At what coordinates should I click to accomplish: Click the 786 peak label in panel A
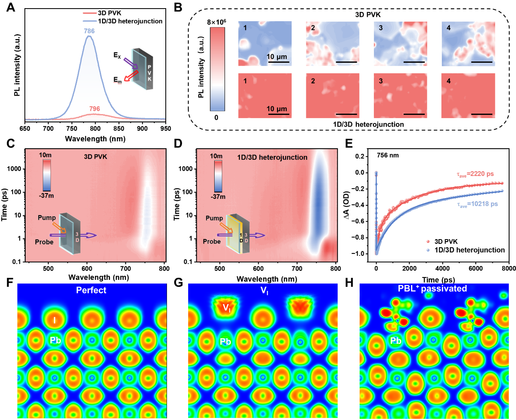(x=89, y=31)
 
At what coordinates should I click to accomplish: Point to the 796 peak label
(x=94, y=109)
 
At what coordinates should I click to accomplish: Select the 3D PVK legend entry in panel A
(x=109, y=13)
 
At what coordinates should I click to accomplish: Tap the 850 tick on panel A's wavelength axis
(x=119, y=129)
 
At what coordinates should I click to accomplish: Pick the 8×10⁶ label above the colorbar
(x=216, y=22)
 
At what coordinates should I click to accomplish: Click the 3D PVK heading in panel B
(x=368, y=15)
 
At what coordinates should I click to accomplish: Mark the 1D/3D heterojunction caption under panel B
(x=368, y=124)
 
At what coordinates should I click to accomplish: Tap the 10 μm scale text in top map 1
(x=277, y=57)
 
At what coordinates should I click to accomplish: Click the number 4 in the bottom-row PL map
(x=448, y=81)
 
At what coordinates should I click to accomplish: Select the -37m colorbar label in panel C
(x=46, y=196)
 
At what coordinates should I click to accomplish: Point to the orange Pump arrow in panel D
(x=226, y=227)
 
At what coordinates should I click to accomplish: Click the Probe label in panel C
(x=44, y=242)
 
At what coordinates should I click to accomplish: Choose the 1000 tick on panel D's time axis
(x=186, y=169)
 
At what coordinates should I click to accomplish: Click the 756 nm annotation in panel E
(x=388, y=155)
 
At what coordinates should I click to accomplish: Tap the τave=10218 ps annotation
(x=477, y=204)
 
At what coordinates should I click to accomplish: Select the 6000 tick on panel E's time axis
(x=476, y=268)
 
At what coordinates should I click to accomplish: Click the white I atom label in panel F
(x=55, y=320)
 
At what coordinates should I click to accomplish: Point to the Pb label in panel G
(x=225, y=342)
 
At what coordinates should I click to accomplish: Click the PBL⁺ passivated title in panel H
(x=432, y=289)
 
